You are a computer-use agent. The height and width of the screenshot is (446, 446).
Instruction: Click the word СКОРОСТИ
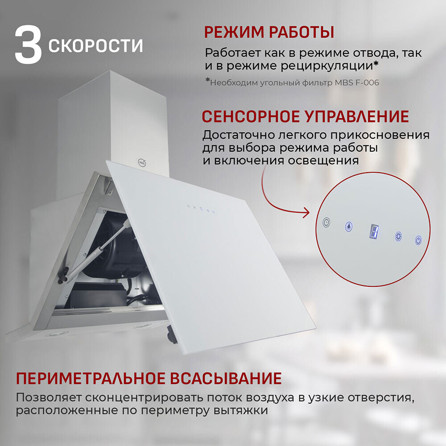96,45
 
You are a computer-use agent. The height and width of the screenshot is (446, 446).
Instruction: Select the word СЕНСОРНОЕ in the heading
250,117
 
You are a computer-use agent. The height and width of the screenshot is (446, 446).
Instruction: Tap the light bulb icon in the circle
348,227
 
